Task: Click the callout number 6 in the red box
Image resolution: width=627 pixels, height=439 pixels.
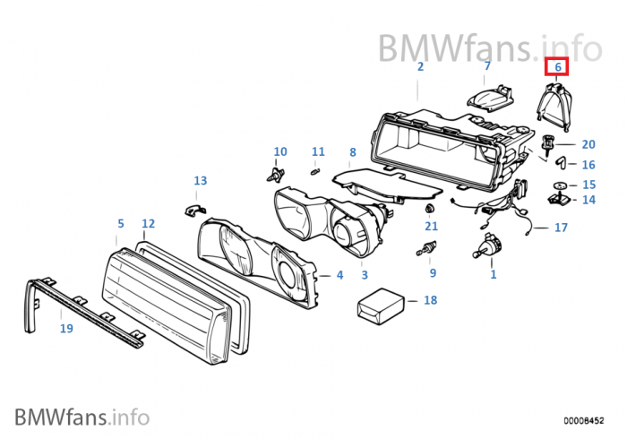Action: click(x=557, y=66)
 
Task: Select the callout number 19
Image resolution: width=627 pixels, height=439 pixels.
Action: click(x=66, y=329)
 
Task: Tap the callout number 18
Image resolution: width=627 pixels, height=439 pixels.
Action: click(x=430, y=300)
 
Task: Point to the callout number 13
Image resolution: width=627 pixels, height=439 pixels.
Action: click(x=200, y=181)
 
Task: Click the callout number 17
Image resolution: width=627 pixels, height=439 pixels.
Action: click(x=561, y=228)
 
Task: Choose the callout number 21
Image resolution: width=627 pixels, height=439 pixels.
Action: click(x=432, y=228)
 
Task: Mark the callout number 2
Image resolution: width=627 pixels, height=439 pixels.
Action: click(x=420, y=66)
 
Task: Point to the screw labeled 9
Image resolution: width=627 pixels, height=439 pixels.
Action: click(x=429, y=249)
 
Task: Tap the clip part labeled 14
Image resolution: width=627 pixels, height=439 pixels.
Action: click(x=559, y=194)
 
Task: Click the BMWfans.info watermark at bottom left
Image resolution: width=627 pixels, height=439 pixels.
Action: click(x=82, y=417)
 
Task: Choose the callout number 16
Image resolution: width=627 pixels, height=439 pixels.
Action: click(x=588, y=165)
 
